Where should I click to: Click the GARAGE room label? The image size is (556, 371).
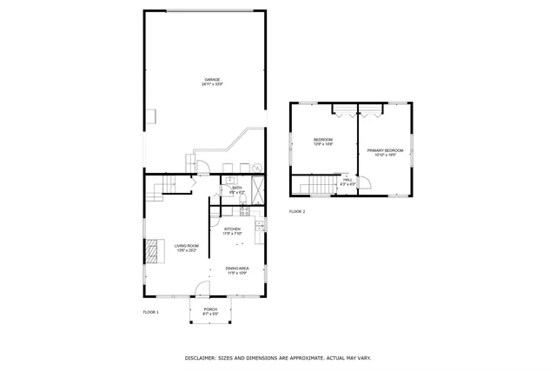(211, 80)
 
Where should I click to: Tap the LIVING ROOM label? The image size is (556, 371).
(186, 246)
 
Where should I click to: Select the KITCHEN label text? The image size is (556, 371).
(232, 229)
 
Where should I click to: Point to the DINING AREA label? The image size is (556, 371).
(237, 269)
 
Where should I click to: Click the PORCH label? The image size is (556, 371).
(210, 309)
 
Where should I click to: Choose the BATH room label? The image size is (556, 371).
(236, 188)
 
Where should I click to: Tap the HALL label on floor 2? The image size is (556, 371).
(347, 180)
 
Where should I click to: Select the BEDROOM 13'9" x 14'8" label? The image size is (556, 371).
(323, 142)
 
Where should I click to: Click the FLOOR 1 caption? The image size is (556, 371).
(151, 312)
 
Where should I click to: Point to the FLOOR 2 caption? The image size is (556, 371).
(297, 211)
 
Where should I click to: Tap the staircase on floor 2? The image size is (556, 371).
(324, 185)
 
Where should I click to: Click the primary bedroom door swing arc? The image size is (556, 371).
(366, 182)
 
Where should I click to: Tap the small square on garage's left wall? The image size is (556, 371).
(149, 116)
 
